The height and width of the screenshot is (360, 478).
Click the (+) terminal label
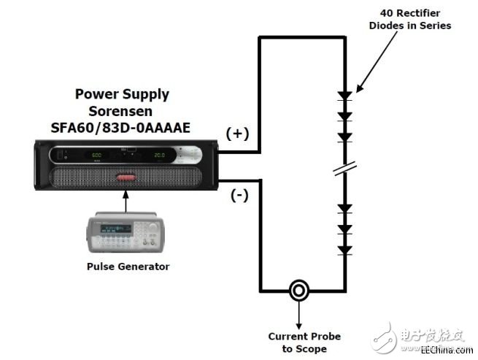tap(238, 134)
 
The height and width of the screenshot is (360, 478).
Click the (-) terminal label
tap(239, 196)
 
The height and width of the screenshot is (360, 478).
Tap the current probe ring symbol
tap(298, 291)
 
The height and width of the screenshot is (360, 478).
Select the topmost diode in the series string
tap(344, 96)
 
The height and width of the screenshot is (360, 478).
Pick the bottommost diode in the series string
tap(344, 250)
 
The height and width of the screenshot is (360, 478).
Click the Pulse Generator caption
tap(128, 267)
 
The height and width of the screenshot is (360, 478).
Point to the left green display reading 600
tap(96, 156)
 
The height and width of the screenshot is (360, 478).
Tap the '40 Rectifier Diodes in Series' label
tap(416, 20)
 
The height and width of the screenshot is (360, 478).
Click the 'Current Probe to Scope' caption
tap(304, 342)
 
